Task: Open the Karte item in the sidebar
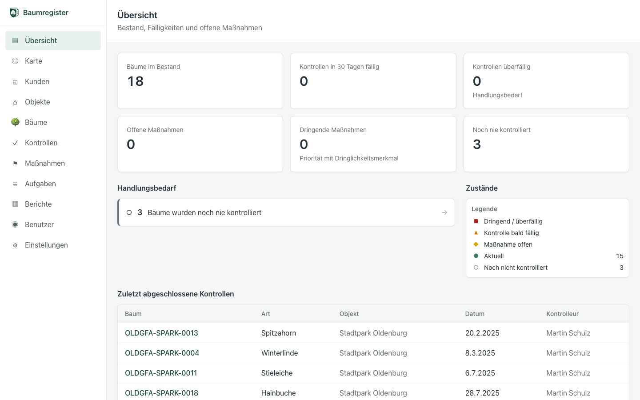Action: [33, 61]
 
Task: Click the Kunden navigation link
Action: [37, 81]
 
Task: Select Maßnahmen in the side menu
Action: [45, 163]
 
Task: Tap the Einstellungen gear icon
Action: [15, 245]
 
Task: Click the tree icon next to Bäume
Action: [15, 122]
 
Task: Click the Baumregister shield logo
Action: [14, 12]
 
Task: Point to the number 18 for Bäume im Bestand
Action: [136, 81]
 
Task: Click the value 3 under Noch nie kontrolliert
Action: [477, 144]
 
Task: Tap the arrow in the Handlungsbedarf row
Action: [444, 212]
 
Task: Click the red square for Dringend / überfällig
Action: [476, 221]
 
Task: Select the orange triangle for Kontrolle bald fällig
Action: [476, 233]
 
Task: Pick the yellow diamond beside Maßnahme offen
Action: [476, 244]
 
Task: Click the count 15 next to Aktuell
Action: [620, 256]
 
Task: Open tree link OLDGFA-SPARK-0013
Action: [161, 333]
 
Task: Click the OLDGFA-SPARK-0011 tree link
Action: [161, 373]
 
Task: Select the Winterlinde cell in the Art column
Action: [280, 353]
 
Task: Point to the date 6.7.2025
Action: [480, 373]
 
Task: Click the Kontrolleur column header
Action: [562, 314]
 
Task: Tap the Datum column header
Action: [475, 314]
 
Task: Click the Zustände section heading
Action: [482, 188]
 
